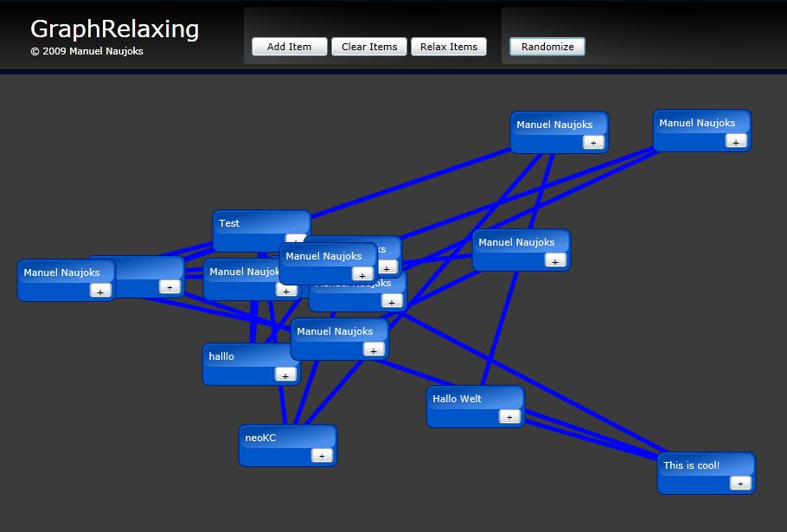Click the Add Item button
289,47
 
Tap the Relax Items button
449,47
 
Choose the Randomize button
547,47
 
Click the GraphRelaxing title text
114,29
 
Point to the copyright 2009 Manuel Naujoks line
86,51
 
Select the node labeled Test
229,223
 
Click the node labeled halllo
221,356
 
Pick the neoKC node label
260,438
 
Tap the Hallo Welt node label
457,399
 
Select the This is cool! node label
691,465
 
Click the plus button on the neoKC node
322,456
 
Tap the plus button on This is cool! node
740,484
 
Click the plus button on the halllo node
285,375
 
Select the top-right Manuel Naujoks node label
697,123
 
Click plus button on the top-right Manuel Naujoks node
736,142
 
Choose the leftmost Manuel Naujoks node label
61,272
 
